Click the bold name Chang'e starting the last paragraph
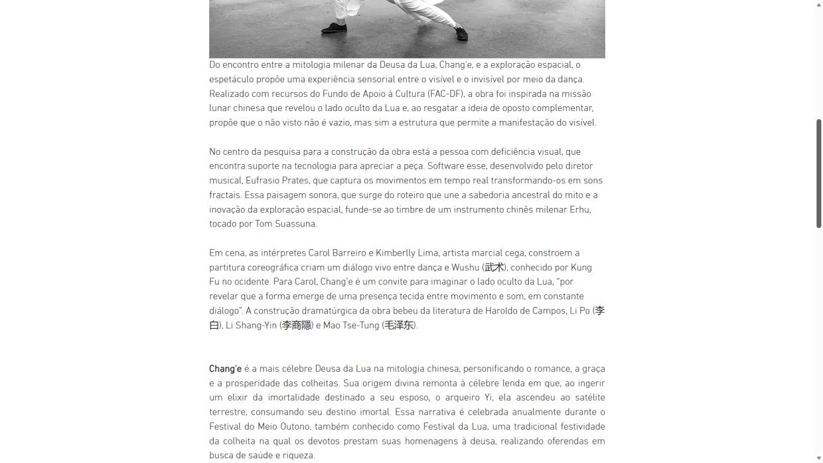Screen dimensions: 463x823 [x=225, y=369]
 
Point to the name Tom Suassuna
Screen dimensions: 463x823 [x=286, y=224]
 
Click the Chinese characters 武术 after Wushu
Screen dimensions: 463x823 [x=494, y=268]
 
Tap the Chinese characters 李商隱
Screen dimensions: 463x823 [x=297, y=325]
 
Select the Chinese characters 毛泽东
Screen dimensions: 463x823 [x=400, y=325]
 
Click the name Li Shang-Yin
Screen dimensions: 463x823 [x=251, y=325]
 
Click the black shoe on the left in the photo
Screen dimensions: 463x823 [x=334, y=28]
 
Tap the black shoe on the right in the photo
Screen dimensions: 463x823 [x=461, y=33]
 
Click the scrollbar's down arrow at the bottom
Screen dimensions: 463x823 [x=818, y=458]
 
